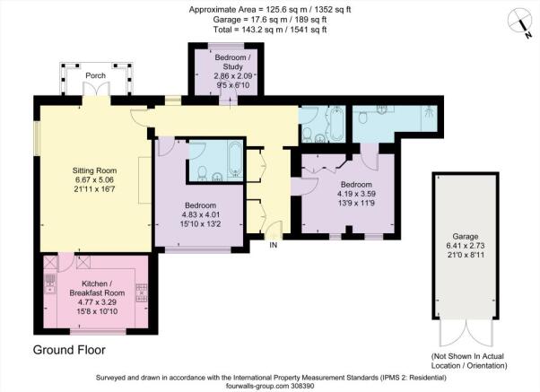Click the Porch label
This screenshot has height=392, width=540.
pyautogui.click(x=95, y=75)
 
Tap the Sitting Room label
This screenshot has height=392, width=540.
pyautogui.click(x=94, y=170)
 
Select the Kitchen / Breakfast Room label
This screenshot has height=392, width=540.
pyautogui.click(x=97, y=288)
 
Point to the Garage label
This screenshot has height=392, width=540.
pyautogui.click(x=466, y=237)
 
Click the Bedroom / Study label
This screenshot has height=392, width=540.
pyautogui.click(x=233, y=62)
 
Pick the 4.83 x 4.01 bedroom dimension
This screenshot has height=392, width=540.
pyautogui.click(x=200, y=214)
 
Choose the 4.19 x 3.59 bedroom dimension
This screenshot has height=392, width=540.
pyautogui.click(x=356, y=194)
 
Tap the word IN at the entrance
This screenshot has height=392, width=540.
pyautogui.click(x=273, y=245)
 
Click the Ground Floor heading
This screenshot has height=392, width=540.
pyautogui.click(x=69, y=350)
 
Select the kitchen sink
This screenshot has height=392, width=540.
pyautogui.click(x=50, y=283)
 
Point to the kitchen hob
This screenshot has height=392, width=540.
pyautogui.click(x=142, y=292)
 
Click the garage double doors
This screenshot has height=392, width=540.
pyautogui.click(x=466, y=333)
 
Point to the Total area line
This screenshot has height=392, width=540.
pyautogui.click(x=270, y=30)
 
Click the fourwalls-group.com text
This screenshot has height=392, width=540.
pyautogui.click(x=270, y=386)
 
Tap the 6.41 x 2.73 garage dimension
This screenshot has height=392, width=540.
pyautogui.click(x=466, y=246)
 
